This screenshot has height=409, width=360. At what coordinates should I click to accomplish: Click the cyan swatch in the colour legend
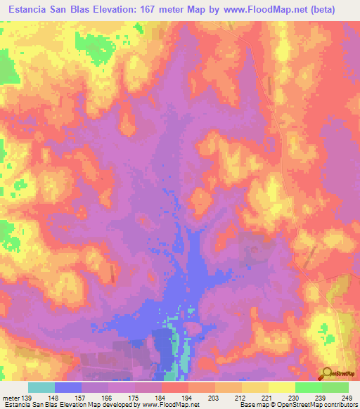41,387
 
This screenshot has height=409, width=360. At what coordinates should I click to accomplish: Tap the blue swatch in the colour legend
68,387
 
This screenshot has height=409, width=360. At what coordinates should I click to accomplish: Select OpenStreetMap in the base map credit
297,405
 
